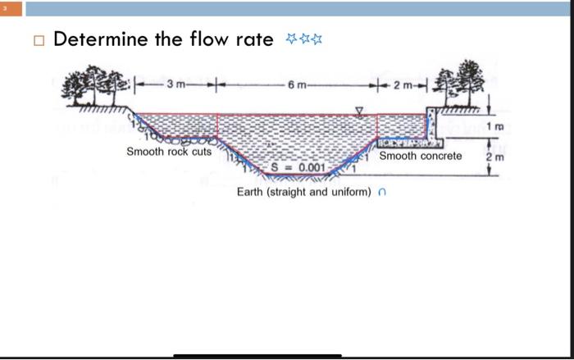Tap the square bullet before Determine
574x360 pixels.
point(37,39)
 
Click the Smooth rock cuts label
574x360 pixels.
point(169,152)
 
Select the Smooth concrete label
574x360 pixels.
point(421,155)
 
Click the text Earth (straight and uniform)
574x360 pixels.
point(305,192)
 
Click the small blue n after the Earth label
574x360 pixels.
point(381,193)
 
